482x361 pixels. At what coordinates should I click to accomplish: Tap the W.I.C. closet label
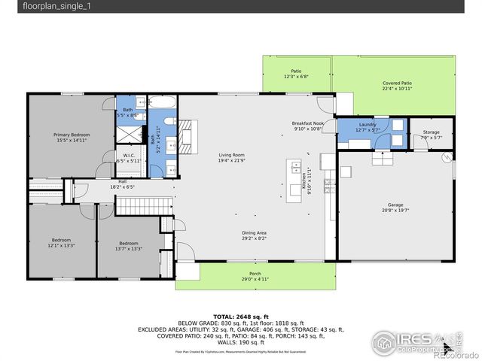tap(130, 156)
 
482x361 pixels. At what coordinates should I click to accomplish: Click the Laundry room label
tap(368, 124)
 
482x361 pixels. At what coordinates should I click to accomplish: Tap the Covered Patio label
tap(397, 83)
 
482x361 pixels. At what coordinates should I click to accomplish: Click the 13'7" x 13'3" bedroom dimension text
tap(129, 248)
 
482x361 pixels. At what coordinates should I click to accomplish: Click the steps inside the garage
tap(382, 159)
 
